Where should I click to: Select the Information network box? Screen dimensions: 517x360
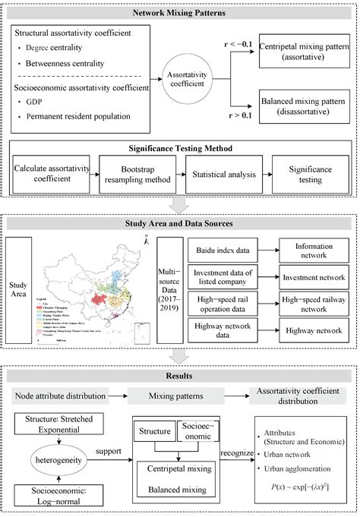click(x=314, y=247)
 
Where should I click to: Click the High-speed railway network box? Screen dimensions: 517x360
click(x=314, y=304)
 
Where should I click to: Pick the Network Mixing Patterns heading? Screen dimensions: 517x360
click(x=179, y=13)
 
